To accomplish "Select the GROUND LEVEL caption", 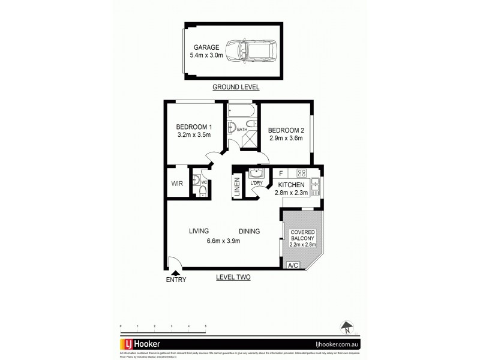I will coord(236,87).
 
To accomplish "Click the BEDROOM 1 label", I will coord(194,127).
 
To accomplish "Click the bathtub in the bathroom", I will coord(241,112).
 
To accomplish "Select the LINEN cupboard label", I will coord(238,187).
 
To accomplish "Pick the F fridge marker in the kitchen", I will coord(280,173).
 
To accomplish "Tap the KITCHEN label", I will coord(291,184).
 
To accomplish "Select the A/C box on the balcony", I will coord(293,265).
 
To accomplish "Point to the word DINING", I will coord(249,231).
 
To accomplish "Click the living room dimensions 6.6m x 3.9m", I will coord(223,241).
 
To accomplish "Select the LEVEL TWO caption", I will coord(233,277).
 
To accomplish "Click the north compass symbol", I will coord(346,328).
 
